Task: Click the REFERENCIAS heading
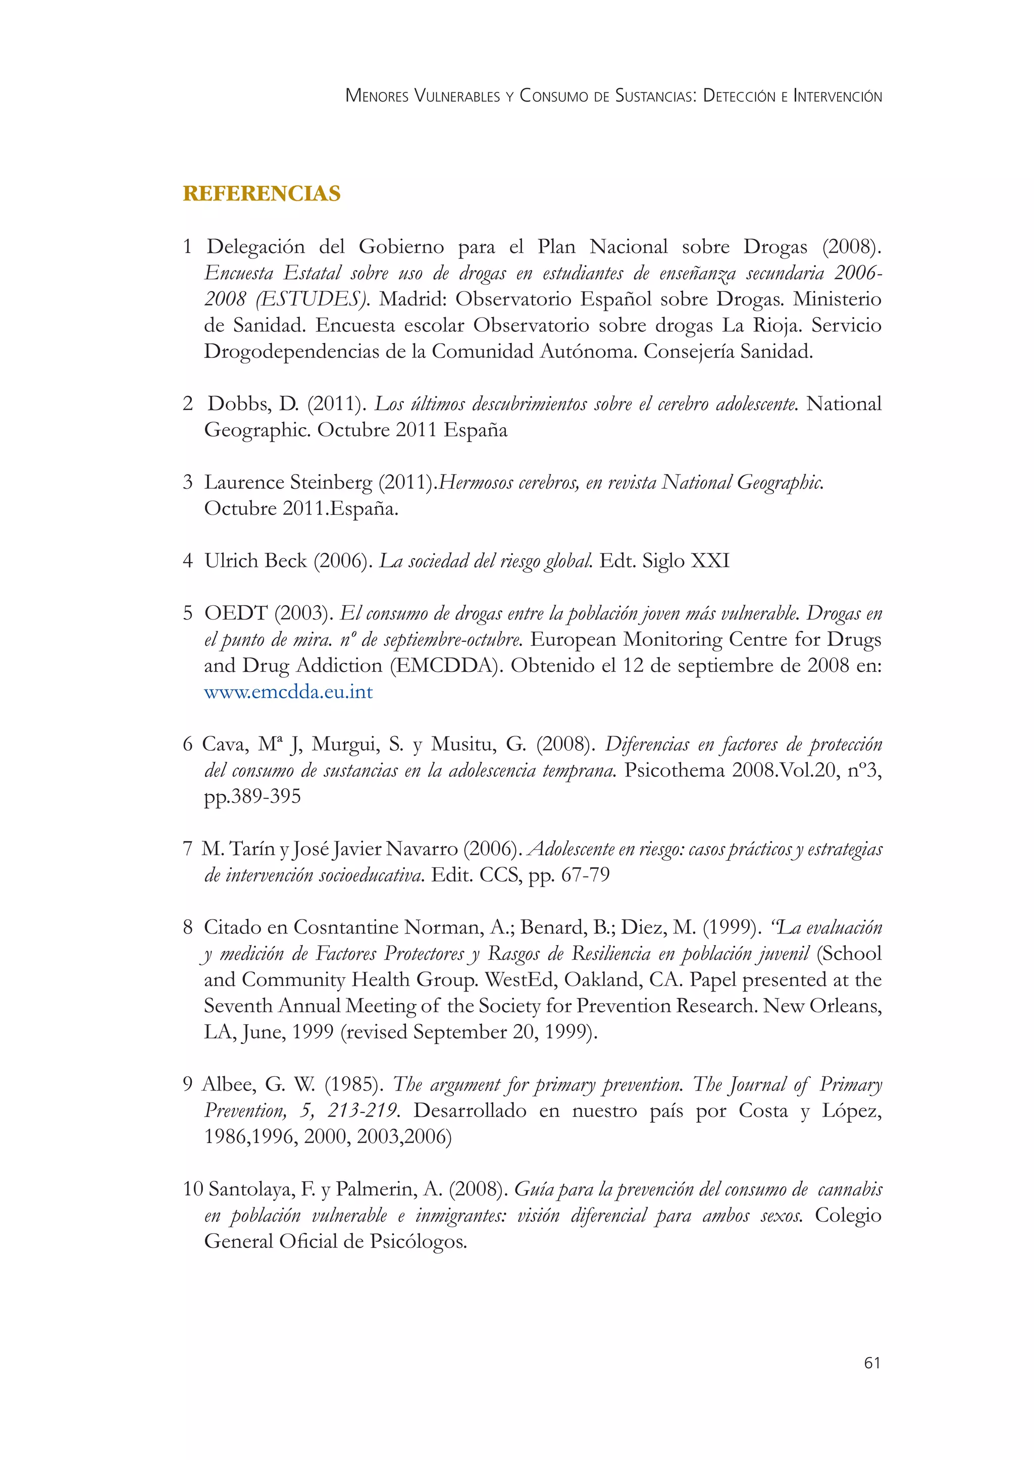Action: coord(262,193)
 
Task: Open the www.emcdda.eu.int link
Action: coord(288,692)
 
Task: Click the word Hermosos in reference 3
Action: coord(476,483)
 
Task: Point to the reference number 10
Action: coord(193,1189)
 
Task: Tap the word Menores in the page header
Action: coord(378,96)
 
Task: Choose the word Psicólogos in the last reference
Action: coord(418,1241)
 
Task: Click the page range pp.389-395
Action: coord(252,797)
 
